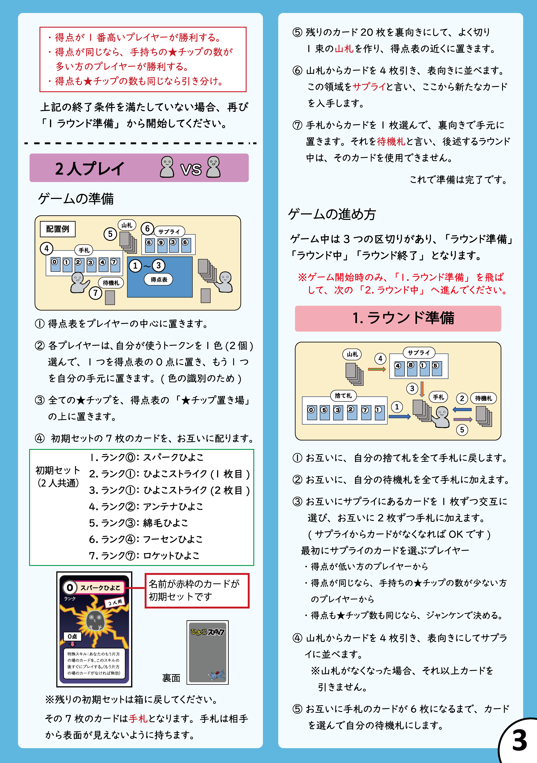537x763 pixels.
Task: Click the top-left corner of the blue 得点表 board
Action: (127, 257)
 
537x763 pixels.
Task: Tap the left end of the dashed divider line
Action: (25, 143)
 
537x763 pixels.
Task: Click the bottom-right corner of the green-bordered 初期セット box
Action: (254, 565)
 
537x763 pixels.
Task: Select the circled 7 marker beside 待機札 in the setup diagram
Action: (96, 293)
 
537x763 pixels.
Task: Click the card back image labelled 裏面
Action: (208, 652)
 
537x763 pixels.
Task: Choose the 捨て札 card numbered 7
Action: (366, 413)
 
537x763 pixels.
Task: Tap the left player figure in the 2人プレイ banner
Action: (167, 167)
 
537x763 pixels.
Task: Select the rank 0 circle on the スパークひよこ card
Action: (70, 588)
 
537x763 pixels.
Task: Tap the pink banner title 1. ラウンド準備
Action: (403, 318)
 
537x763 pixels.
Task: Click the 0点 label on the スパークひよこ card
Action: (72, 636)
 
